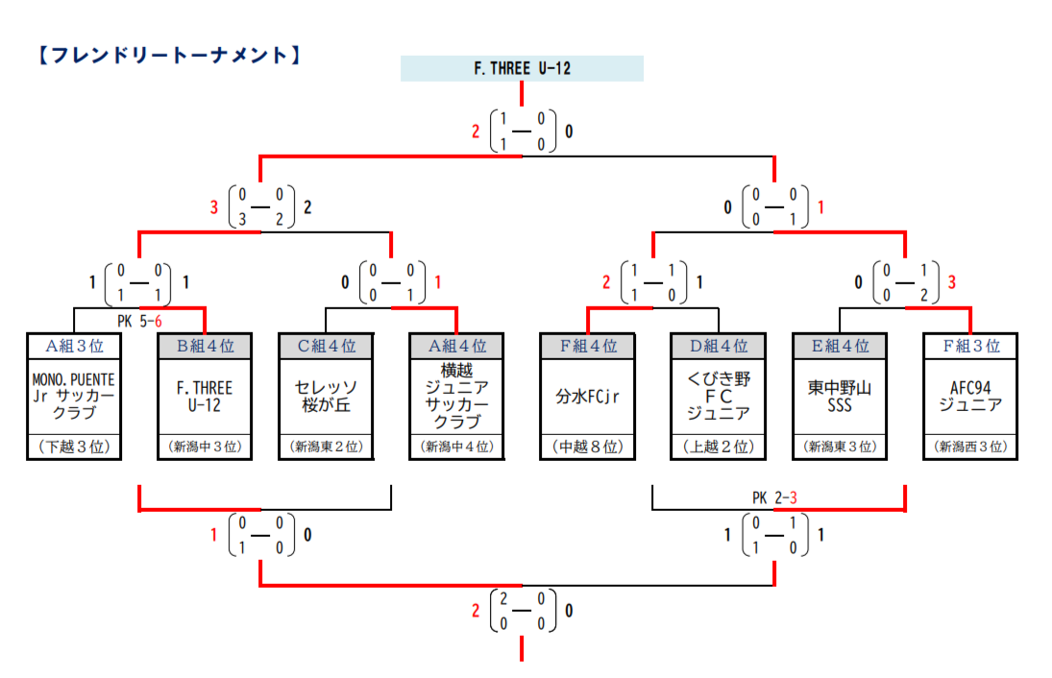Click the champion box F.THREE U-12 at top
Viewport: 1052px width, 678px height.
pos(522,68)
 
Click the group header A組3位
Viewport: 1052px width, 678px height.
pos(73,346)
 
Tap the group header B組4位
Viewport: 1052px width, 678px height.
pos(205,346)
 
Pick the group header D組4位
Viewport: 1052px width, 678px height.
pos(719,346)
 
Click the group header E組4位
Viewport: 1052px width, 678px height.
pos(840,346)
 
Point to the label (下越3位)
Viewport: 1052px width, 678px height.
pos(73,447)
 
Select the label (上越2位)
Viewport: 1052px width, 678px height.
pos(719,447)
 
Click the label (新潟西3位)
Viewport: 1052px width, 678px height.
pos(970,447)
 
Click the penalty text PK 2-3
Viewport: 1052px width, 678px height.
pos(774,497)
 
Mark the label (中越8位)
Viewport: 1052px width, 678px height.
pos(587,447)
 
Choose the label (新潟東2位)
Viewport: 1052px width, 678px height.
pos(326,447)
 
